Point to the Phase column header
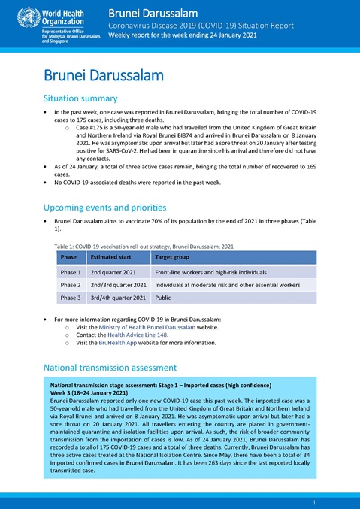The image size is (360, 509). (x=69, y=257)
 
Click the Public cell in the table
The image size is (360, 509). (x=163, y=298)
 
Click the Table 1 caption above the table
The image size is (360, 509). (x=144, y=246)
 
